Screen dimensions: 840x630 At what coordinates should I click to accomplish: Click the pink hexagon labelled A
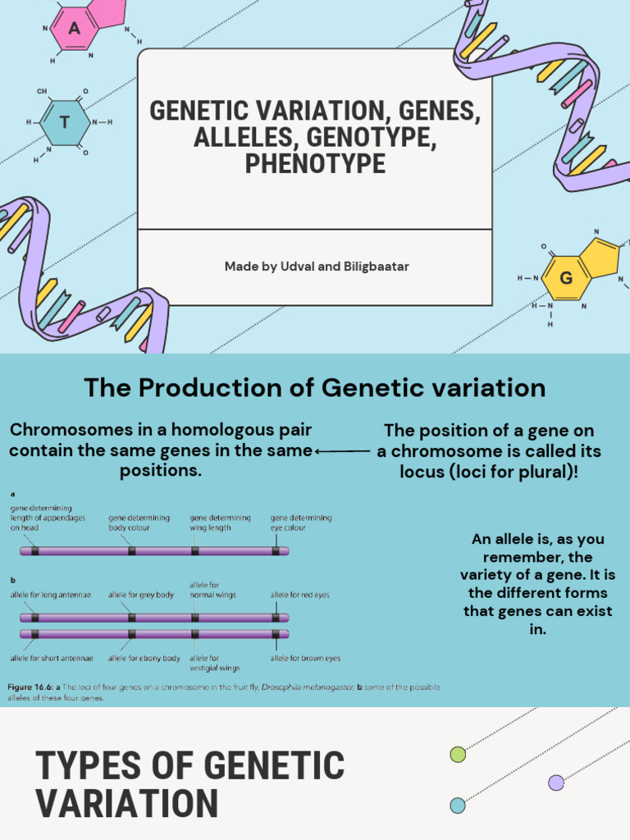coord(75,30)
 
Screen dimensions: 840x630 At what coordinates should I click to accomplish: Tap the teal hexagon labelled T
coord(66,123)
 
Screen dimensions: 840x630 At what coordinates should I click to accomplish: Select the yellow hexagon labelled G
coord(565,277)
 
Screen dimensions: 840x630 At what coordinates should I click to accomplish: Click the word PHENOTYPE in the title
coord(315,163)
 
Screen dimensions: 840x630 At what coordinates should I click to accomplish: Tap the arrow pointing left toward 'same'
coord(343,450)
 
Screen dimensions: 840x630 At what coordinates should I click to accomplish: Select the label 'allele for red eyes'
coord(300,595)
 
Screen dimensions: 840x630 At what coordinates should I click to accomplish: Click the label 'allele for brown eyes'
coord(305,658)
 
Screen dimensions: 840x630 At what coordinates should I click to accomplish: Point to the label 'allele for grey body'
coord(141,595)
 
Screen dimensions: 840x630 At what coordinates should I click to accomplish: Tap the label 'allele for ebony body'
coord(144,658)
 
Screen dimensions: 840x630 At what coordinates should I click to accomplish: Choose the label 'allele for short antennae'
coord(52,658)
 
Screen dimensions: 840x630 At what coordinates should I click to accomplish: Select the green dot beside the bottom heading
coord(458,755)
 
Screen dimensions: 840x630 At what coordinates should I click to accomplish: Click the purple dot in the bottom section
coord(556,783)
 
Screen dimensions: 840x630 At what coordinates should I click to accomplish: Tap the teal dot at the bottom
coord(458,806)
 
